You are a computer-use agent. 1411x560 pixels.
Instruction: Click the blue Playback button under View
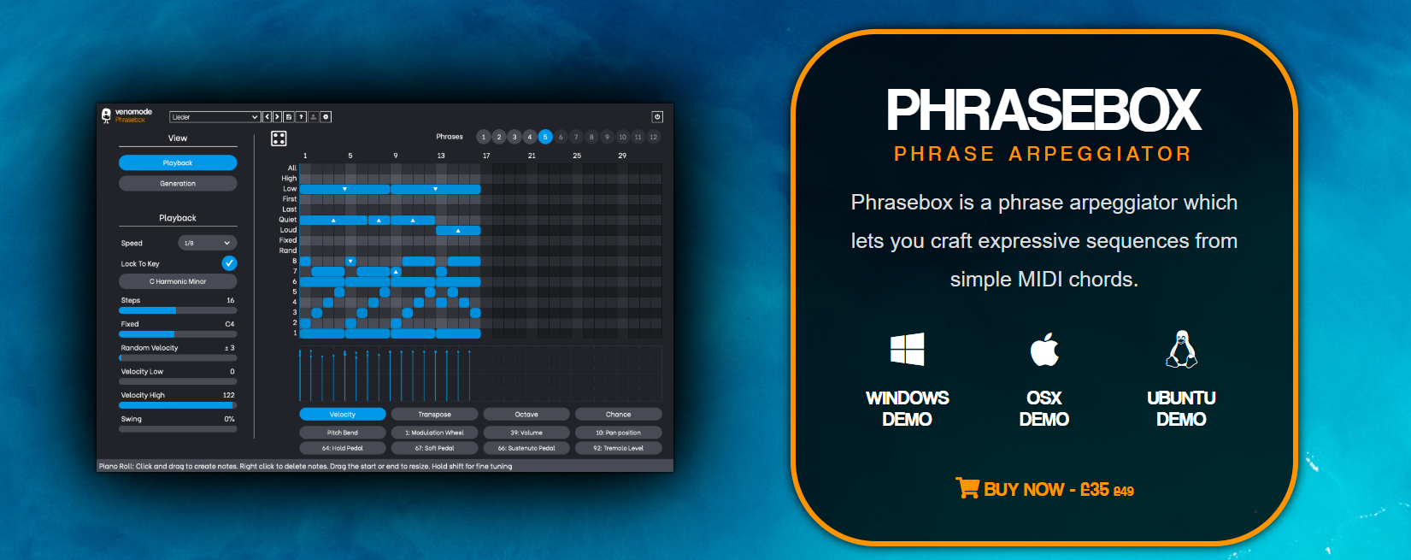tap(178, 162)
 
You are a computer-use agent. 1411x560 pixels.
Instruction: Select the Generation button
tap(178, 183)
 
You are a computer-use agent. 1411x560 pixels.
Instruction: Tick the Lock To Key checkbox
tap(229, 263)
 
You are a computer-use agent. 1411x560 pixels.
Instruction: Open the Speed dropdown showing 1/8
tap(207, 243)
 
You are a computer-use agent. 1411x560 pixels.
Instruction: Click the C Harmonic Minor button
tap(178, 281)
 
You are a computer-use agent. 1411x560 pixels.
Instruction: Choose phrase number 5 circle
tap(545, 137)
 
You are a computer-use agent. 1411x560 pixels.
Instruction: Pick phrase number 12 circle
tap(654, 137)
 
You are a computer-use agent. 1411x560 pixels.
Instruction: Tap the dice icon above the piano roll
tap(279, 139)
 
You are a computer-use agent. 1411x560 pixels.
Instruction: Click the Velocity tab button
tap(343, 414)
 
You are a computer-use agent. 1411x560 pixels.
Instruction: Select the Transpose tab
tap(434, 414)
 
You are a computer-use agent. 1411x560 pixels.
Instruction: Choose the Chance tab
tap(618, 414)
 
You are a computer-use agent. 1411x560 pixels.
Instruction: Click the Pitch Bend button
tap(343, 433)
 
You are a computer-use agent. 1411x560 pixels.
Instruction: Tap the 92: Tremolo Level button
tap(618, 448)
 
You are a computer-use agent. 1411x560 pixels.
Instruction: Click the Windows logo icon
tap(907, 350)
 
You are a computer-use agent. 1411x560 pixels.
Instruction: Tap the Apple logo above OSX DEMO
tap(1044, 349)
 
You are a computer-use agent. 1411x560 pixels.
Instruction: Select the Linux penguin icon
tap(1181, 349)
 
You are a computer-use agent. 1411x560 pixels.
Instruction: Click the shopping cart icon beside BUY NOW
tap(967, 488)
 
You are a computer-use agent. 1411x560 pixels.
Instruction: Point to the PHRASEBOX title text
tap(1044, 110)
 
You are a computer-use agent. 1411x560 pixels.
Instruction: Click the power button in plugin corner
tap(657, 116)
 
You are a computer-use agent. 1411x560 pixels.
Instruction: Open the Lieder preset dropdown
tap(215, 117)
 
